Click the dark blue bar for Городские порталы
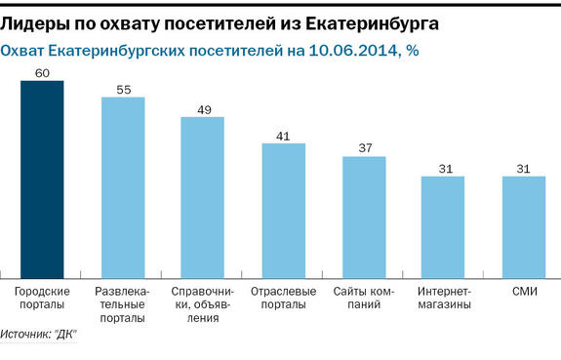42,180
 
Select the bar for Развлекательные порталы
123,187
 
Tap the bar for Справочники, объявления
203,198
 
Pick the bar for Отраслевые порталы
284,211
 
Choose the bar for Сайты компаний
364,218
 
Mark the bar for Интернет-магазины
443,227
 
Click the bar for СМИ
524,227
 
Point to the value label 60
42,73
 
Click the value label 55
123,89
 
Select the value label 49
203,109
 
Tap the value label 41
284,136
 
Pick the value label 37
364,148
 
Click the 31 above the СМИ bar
524,169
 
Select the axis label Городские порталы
43,299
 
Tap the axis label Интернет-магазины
444,299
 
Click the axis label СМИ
524,292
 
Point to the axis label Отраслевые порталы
284,299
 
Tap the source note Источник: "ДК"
40,336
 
